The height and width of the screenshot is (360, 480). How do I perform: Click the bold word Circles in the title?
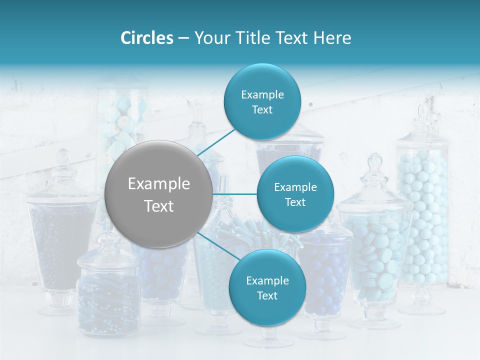(146, 38)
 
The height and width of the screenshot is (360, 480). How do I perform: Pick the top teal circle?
(262, 101)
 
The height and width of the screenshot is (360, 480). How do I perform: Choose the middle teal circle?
(295, 194)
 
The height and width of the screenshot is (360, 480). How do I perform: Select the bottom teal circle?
(267, 287)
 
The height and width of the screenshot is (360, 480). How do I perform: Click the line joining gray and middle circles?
(235, 194)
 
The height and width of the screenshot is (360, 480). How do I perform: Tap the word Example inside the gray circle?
(159, 184)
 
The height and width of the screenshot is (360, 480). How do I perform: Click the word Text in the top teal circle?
(262, 110)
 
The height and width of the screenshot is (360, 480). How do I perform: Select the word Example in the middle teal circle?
(295, 187)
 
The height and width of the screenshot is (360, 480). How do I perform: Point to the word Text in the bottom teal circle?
(267, 295)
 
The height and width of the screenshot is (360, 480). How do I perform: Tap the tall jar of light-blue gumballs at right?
(423, 215)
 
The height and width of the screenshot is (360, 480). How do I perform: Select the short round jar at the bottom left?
(108, 295)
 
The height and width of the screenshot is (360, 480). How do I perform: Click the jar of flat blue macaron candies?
(375, 255)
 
